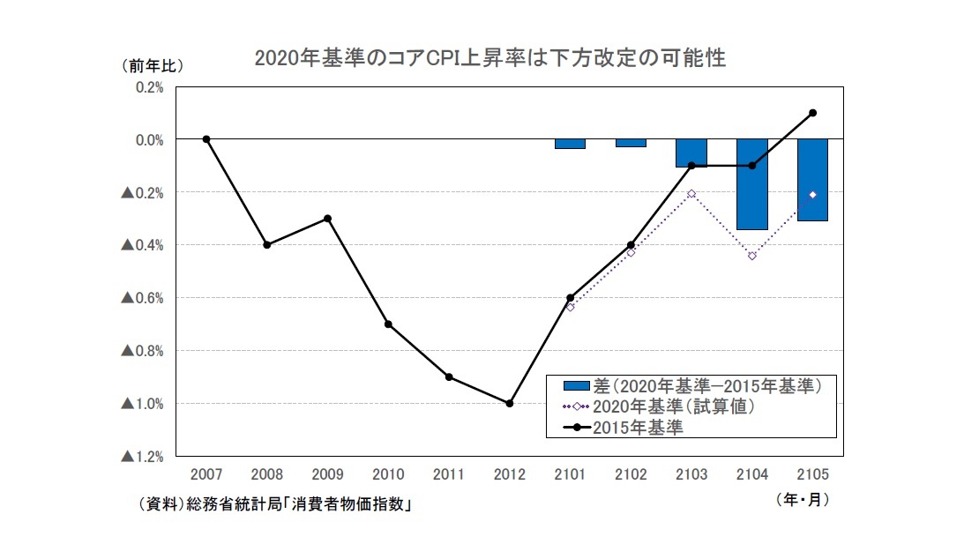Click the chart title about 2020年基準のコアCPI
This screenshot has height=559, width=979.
(x=489, y=58)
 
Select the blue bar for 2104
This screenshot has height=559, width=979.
(x=752, y=184)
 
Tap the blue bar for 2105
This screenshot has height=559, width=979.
(x=812, y=180)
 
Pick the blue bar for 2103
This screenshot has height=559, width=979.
(x=691, y=153)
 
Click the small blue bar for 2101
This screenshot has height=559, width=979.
(x=570, y=144)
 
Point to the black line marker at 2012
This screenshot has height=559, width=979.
(x=509, y=403)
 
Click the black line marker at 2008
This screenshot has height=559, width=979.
(x=266, y=244)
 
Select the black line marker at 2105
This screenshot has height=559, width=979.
(x=812, y=113)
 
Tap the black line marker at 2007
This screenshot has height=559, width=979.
(x=206, y=139)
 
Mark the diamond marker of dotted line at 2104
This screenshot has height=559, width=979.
(x=752, y=256)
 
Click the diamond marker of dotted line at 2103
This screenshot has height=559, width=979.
(x=691, y=193)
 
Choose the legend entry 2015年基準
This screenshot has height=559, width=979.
(x=635, y=428)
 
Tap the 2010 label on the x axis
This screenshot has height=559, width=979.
(x=387, y=474)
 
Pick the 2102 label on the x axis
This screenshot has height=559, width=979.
(x=631, y=474)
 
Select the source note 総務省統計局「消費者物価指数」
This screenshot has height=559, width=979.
(x=276, y=505)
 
